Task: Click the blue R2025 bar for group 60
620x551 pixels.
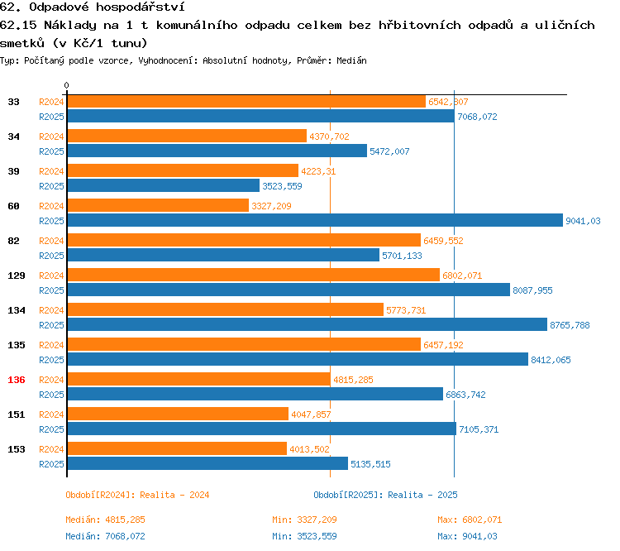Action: coord(314,221)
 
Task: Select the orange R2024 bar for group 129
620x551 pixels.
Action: coord(253,275)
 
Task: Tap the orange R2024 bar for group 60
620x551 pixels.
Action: coord(157,205)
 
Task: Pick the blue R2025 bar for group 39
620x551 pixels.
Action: coord(163,186)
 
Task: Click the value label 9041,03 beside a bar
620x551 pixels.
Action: coord(582,221)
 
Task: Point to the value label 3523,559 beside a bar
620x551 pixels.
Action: coord(288,186)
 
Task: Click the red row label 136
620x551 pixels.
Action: coord(16,380)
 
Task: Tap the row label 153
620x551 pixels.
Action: coord(16,449)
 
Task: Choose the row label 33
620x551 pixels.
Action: coord(13,102)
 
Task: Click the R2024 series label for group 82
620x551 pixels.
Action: coord(51,240)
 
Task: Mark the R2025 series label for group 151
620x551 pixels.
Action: coord(51,429)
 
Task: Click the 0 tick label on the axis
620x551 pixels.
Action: coord(66,85)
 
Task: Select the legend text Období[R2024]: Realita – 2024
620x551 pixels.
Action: coord(137,495)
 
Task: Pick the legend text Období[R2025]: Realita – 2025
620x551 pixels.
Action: coord(385,495)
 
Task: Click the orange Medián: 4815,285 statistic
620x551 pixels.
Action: coord(104,520)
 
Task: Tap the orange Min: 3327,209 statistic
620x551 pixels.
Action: coord(304,520)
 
